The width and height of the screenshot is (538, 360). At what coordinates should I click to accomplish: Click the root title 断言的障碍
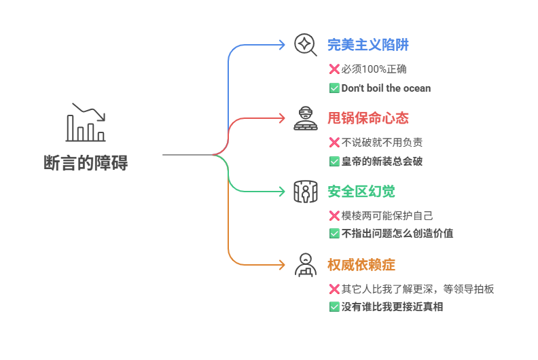coord(86,162)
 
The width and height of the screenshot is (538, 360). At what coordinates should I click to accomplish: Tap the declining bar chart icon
coord(86,122)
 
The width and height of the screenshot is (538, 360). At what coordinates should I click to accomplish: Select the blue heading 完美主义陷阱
coord(368,45)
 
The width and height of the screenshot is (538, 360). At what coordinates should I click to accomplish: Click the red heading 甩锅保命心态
coord(368,118)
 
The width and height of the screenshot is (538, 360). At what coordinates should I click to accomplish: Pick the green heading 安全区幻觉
coord(361,192)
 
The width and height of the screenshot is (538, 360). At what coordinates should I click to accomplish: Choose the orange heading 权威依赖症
coord(361,265)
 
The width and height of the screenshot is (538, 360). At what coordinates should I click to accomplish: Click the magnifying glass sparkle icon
coord(306,45)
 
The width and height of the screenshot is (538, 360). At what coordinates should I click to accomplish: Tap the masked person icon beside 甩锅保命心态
coord(306,118)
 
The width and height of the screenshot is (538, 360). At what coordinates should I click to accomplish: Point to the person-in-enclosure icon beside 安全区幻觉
coord(306,192)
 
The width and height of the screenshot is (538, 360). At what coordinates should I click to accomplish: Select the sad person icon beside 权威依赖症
coord(306,265)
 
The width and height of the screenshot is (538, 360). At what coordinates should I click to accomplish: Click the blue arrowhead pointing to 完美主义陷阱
coord(282,45)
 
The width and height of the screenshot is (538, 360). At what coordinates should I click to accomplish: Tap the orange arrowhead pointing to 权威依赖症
coord(282,265)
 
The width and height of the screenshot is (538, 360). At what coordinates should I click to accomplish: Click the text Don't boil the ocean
coord(386,88)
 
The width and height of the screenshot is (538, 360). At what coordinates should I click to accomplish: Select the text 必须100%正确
coord(374,69)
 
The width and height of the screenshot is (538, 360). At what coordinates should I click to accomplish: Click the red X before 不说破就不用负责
coord(334,142)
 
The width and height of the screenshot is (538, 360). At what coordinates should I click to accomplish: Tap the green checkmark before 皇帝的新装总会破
coord(334,161)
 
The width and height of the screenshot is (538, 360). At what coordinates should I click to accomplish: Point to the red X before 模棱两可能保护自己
coord(334,215)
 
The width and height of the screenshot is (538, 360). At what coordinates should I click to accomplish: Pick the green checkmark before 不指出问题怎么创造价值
coord(334,234)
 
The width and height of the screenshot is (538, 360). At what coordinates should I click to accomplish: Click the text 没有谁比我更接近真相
coord(392,307)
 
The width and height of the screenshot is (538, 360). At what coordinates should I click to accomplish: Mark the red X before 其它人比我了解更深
coord(334,289)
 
